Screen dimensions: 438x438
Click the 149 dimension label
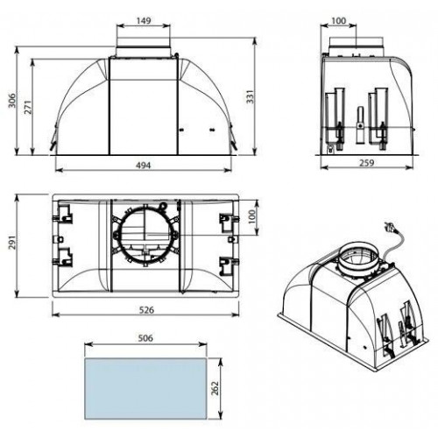point(144,21)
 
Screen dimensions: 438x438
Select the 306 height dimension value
point(12,101)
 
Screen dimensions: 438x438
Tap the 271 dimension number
point(27,107)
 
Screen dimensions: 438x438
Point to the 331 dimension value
point(250,96)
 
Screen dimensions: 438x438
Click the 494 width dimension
point(144,166)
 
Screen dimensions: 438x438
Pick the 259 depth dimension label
point(366,163)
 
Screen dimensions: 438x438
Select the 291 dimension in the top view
point(12,242)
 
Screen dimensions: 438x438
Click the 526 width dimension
point(146,310)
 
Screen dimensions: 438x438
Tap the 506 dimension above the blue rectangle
point(145,338)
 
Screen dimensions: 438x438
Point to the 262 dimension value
point(215,388)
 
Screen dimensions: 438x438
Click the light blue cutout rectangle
point(145,389)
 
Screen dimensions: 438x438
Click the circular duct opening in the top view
point(145,235)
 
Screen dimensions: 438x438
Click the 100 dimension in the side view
point(339,21)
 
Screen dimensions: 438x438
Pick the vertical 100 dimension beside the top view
point(251,216)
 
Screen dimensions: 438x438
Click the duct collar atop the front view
point(144,46)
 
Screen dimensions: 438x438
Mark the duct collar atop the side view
point(356,46)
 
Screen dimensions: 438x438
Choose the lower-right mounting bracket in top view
point(228,265)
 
